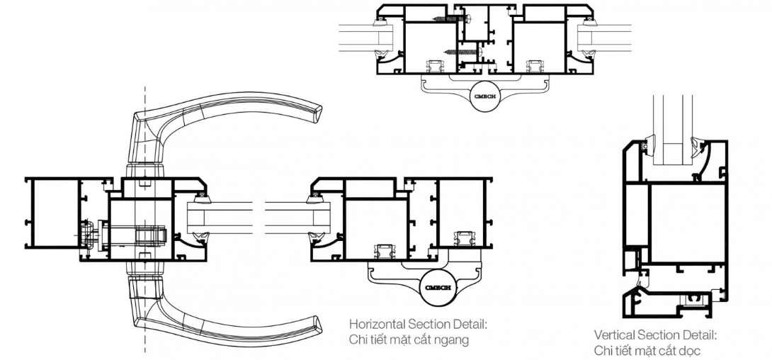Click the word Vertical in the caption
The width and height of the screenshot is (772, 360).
pyautogui.click(x=615, y=336)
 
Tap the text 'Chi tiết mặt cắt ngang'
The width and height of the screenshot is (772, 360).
pyautogui.click(x=409, y=340)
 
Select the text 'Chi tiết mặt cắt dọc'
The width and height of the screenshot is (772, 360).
pyautogui.click(x=647, y=351)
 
